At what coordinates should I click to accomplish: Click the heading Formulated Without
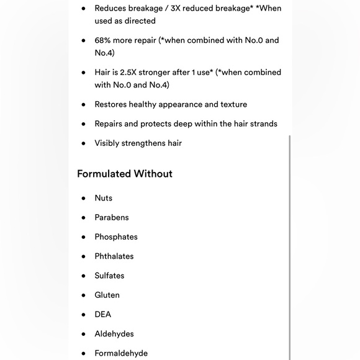coord(125,174)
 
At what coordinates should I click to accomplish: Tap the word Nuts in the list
coord(104,198)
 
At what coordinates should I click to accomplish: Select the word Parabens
coord(112,217)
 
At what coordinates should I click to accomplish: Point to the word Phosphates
coord(116,236)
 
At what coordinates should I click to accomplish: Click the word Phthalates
coord(114,256)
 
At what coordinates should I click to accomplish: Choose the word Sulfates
coord(109,276)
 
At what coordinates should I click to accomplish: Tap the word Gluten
coord(107,295)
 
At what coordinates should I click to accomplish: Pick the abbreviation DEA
coord(103,314)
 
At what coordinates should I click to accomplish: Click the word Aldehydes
coord(114,333)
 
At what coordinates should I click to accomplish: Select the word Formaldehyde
coord(121,353)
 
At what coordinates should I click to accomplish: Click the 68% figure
coord(102,40)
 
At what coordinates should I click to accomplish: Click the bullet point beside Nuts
coord(83,198)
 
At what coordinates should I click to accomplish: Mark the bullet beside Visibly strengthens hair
coord(83,143)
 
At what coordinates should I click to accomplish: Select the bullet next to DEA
coord(83,315)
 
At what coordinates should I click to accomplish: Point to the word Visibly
coord(108,143)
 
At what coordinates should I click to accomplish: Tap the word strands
coord(263,124)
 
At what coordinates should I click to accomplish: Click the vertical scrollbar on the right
coord(289,248)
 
